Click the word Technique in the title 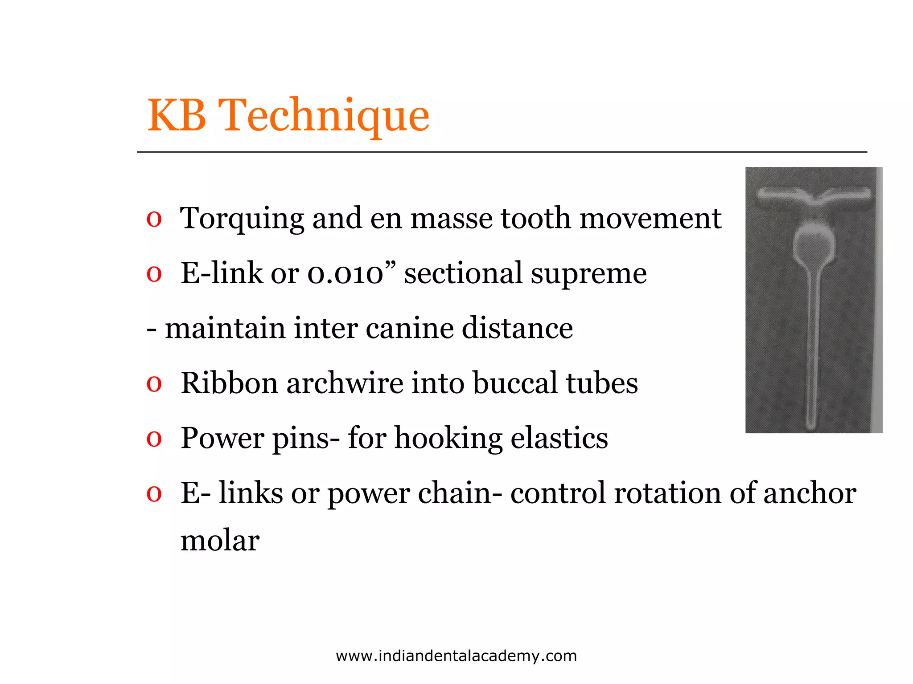(325, 116)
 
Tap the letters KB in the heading (177, 116)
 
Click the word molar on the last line (220, 541)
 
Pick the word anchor (809, 493)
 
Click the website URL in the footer (456, 655)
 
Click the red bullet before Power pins (154, 439)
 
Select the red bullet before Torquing (154, 220)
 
